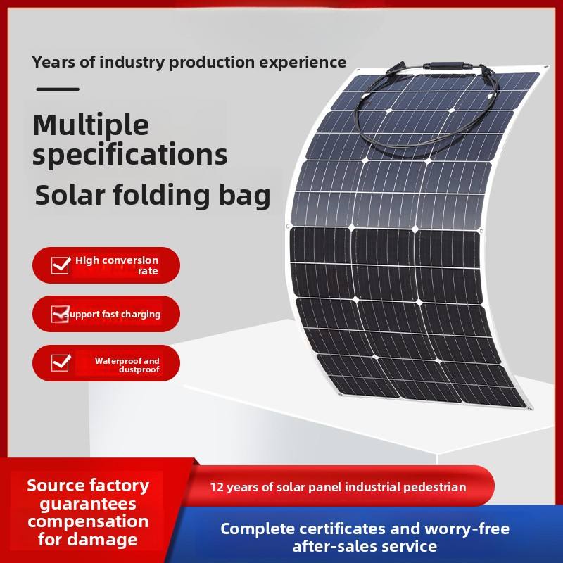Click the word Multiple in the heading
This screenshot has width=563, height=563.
(x=91, y=125)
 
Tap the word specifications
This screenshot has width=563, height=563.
(x=130, y=154)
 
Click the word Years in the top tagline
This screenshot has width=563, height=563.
(x=53, y=62)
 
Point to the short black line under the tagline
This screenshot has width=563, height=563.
(x=58, y=89)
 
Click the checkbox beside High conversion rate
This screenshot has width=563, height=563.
(x=61, y=265)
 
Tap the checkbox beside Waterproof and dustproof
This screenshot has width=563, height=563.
(x=61, y=362)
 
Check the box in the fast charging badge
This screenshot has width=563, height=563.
(x=60, y=314)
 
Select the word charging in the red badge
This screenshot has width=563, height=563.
(x=141, y=315)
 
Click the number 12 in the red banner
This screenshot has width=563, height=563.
(x=217, y=487)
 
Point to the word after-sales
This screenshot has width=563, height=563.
(x=334, y=547)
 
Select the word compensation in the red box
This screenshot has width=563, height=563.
(x=88, y=521)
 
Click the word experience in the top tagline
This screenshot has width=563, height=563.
(x=303, y=63)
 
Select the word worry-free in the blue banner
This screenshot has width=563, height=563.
(x=467, y=529)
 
